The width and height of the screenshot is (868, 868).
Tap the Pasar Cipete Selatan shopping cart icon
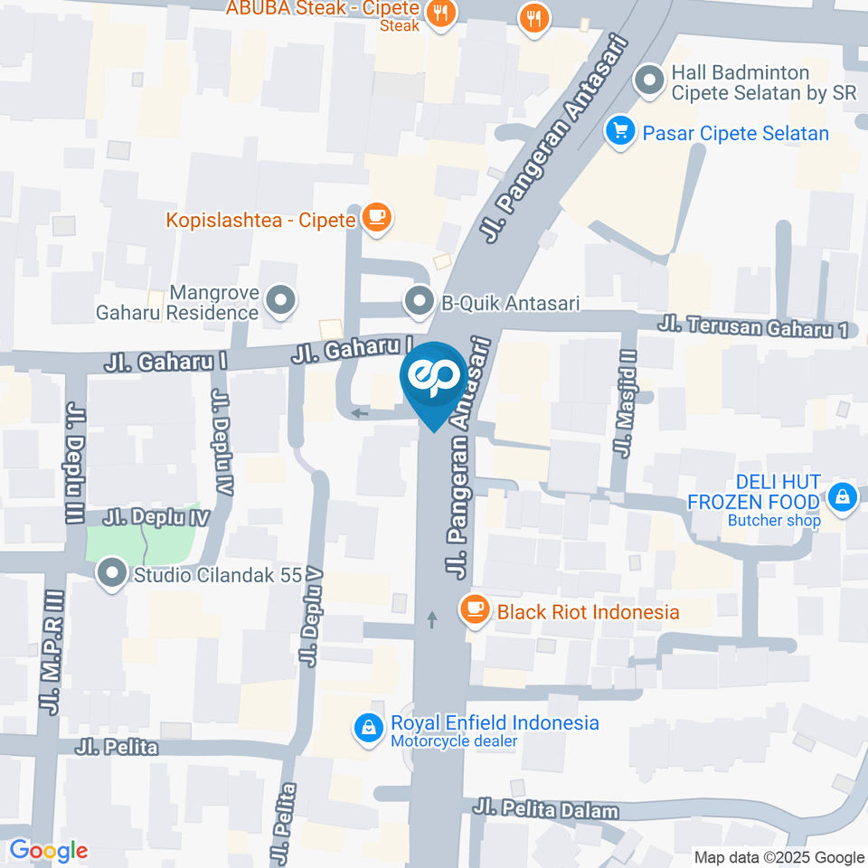tap(620, 133)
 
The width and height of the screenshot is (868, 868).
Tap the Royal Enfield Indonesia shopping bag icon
tap(368, 728)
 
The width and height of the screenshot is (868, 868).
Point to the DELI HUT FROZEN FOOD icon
tap(843, 498)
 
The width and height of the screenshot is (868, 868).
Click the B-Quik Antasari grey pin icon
tap(419, 303)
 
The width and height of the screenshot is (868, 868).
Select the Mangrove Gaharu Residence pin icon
tap(280, 302)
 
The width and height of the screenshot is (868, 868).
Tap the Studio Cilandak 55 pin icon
tap(112, 573)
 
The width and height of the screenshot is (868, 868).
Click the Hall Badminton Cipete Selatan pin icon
tap(648, 81)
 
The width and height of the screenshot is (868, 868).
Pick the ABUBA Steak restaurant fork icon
tap(441, 13)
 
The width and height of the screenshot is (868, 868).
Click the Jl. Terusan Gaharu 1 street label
tap(753, 325)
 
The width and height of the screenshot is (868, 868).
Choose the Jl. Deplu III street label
tap(74, 464)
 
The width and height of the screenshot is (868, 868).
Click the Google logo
tap(48, 851)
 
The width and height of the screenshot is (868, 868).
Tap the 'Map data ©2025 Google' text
tap(779, 857)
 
